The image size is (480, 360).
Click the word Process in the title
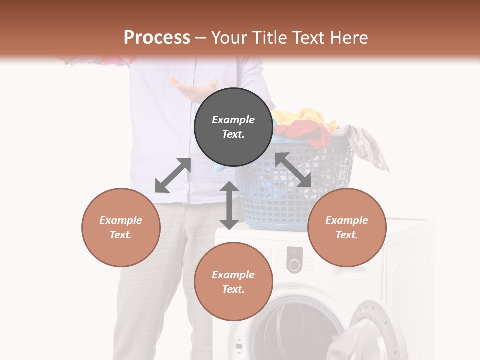[157, 38]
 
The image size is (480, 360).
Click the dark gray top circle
[233, 127]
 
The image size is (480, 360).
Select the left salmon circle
[121, 227]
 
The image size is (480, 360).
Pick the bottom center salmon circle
[233, 282]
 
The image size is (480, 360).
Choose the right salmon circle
[347, 227]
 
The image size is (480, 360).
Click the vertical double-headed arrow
[229, 205]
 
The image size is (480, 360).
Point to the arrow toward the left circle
[173, 175]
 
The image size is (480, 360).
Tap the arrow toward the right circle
[293, 170]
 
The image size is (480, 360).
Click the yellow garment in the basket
[305, 120]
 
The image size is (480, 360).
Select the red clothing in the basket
[305, 134]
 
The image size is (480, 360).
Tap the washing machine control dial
[294, 265]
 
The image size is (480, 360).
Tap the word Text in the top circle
[233, 134]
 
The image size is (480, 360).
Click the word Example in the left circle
[121, 220]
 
